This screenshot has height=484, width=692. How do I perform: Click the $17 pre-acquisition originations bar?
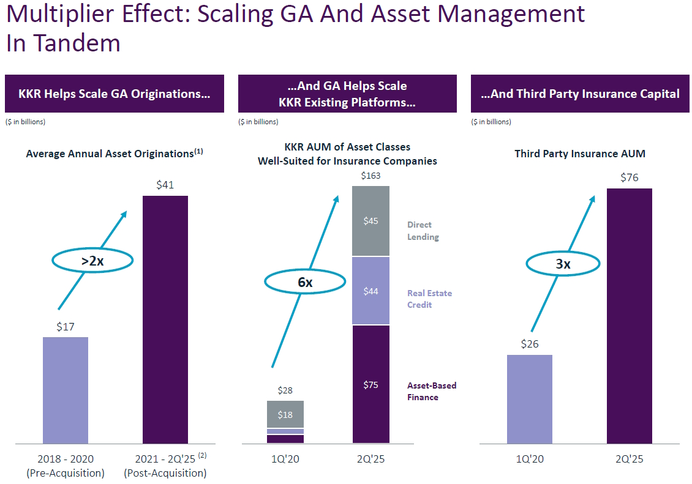66,390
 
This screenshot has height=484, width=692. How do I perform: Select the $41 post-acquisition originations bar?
165,319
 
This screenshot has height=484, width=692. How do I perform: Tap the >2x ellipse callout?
92,261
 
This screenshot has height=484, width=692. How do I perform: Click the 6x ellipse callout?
305,282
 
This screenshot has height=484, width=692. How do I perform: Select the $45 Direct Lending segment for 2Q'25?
370,221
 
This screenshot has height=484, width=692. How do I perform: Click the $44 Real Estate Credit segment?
370,291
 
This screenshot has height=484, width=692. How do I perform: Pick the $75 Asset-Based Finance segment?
370,384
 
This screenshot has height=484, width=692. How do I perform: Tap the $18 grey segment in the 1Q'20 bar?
285,414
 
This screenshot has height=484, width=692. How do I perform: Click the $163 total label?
370,176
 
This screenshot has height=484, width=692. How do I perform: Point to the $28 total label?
285,390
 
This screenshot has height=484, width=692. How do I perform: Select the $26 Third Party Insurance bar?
530,398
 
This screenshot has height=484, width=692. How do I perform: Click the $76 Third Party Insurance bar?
630,315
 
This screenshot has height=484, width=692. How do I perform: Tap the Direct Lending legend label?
423,231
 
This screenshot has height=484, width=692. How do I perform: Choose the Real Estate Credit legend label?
429,299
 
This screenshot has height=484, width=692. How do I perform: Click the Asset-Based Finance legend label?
432,391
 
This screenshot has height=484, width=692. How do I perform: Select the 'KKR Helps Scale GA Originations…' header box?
114,94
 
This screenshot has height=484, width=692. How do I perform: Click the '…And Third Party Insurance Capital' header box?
580,94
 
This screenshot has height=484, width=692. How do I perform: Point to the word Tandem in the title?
77,43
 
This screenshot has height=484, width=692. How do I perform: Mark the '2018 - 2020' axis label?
66,459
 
